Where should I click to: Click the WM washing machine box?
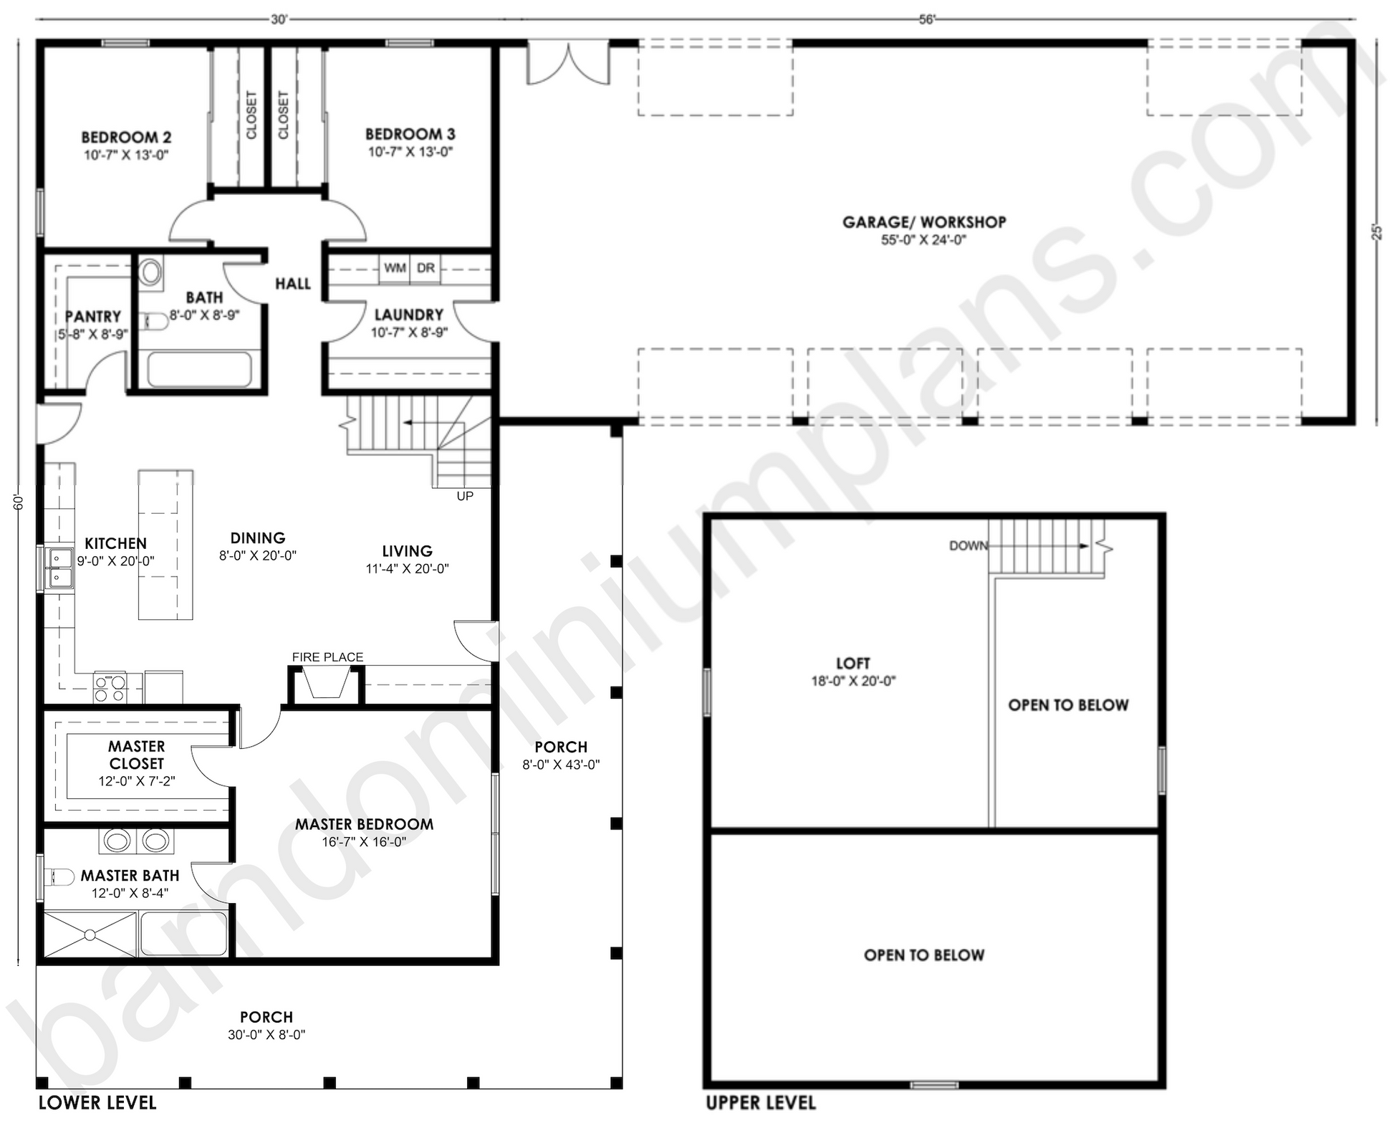click(x=395, y=269)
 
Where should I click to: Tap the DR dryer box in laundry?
click(x=426, y=269)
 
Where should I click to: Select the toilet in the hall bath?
click(x=150, y=272)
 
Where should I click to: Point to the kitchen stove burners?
click(x=110, y=688)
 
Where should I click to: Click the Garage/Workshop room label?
click(x=924, y=222)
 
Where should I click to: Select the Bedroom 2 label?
click(x=126, y=138)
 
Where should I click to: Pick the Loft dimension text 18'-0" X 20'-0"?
click(x=853, y=681)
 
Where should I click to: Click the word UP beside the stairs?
click(x=465, y=496)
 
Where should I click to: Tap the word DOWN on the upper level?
click(x=968, y=546)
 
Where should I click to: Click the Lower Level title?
click(x=97, y=1102)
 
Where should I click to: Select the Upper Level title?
click(x=761, y=1103)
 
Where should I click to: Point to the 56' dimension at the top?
click(x=927, y=19)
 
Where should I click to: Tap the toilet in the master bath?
click(x=59, y=877)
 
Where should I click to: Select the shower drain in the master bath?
click(x=90, y=935)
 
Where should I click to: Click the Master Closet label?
click(x=137, y=755)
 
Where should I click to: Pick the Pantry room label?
click(x=93, y=317)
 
